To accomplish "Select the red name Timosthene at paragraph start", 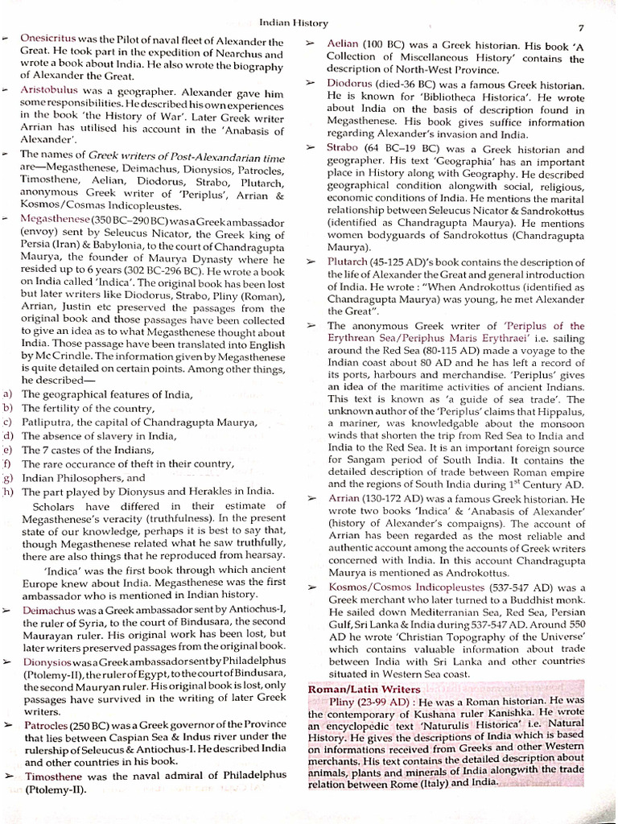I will [55, 776].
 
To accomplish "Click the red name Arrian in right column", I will [343, 498].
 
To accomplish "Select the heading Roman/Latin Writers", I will [364, 689].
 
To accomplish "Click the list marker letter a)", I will [8, 394].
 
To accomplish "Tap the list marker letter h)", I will [8, 490].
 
